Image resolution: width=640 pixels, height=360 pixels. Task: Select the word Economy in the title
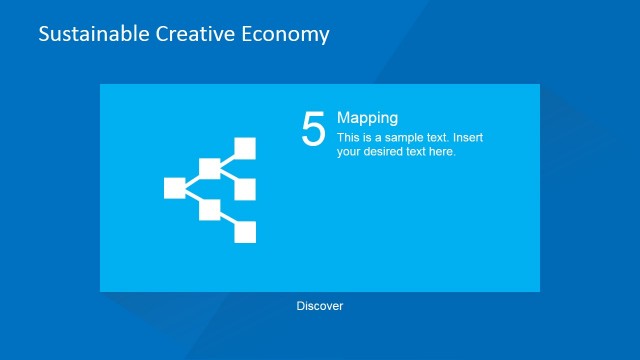point(286,34)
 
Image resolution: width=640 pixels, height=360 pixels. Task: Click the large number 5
point(313,130)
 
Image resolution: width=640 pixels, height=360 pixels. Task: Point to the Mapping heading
point(367,117)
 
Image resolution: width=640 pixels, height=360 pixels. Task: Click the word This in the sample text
point(348,137)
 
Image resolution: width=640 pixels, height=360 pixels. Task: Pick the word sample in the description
point(407,137)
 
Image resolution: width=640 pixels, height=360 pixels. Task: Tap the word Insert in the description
point(467,137)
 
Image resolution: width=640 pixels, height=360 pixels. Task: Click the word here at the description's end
point(440,152)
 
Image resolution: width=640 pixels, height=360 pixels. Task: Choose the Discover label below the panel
point(320,306)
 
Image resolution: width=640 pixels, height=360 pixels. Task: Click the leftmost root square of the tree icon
point(174,188)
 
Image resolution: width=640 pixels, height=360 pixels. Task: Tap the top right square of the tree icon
point(245,149)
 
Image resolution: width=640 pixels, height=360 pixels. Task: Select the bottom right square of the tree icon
point(245,232)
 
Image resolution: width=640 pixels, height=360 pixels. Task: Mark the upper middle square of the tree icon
point(210,168)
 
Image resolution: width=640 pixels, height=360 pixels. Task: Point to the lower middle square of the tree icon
point(210,210)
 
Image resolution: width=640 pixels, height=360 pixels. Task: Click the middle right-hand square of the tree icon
point(245,189)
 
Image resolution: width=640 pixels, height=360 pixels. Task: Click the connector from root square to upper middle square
point(192,178)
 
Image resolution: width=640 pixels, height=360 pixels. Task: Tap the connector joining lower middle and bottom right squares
point(228,221)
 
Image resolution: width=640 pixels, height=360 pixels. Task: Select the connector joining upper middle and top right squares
point(228,158)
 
